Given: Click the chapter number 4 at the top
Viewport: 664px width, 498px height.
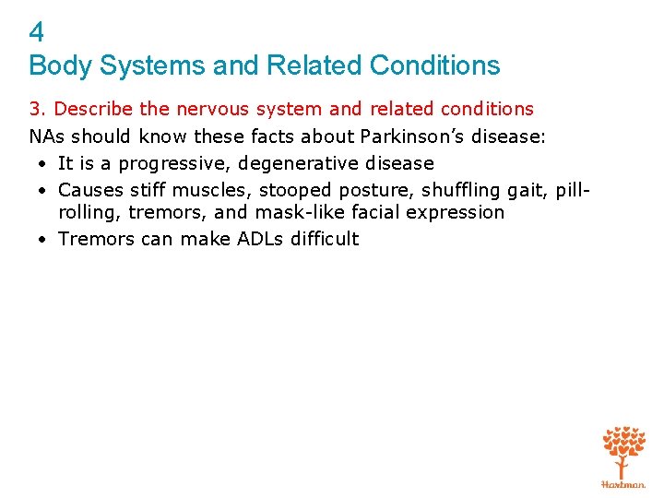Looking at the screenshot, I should [36, 33].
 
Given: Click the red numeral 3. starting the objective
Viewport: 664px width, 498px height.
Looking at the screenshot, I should [39, 109].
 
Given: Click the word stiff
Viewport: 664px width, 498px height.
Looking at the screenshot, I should [148, 190].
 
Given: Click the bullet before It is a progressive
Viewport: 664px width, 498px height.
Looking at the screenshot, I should [43, 163].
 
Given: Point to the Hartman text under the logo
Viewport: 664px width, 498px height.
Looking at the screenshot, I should [623, 483].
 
